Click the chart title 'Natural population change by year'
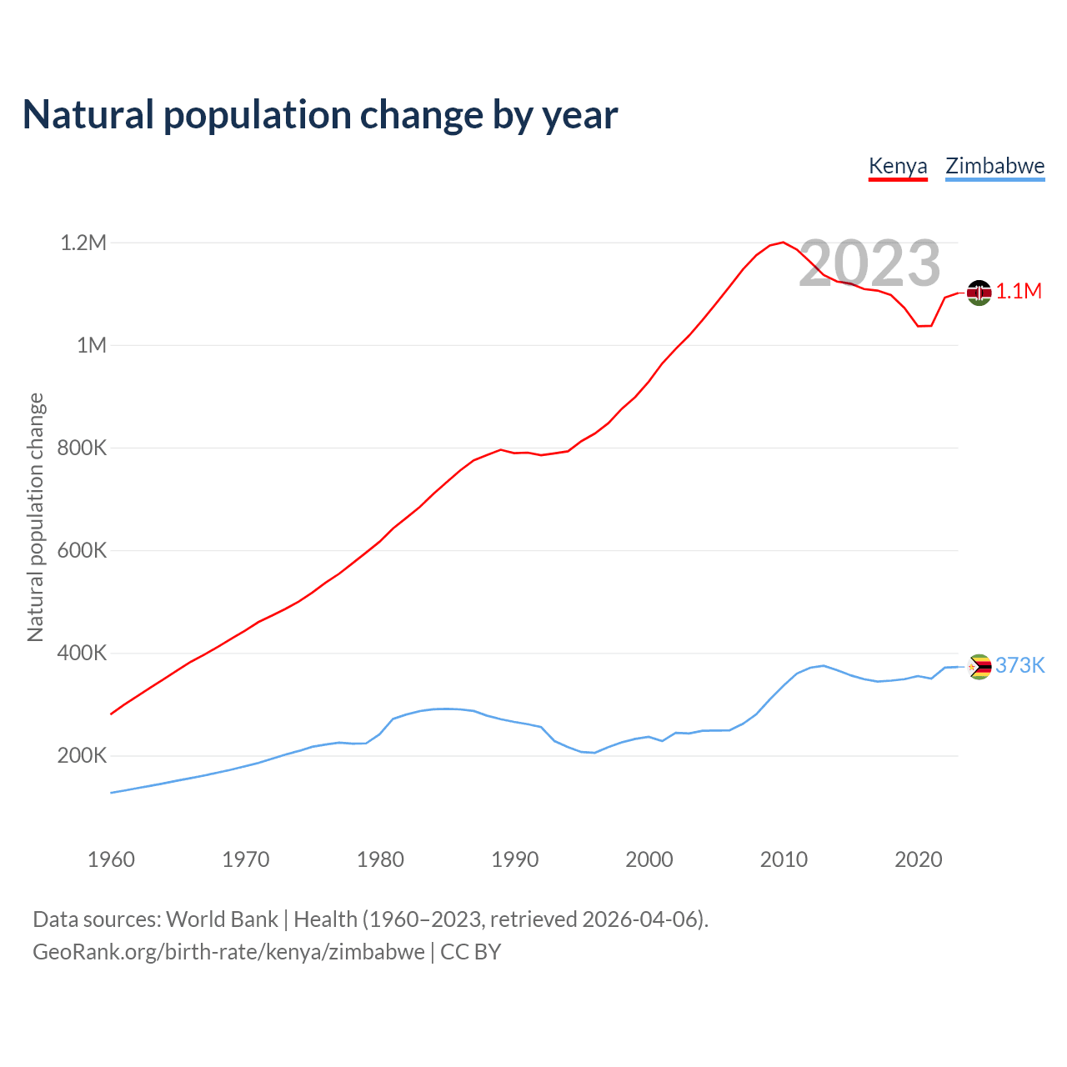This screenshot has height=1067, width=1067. (x=320, y=115)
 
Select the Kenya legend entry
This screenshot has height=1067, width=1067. (x=898, y=166)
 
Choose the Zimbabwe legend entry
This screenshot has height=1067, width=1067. (x=994, y=166)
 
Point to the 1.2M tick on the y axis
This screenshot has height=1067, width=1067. (x=83, y=243)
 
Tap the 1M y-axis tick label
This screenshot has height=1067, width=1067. (x=92, y=345)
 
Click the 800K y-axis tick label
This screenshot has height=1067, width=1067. (x=82, y=448)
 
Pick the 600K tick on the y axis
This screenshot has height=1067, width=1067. (x=82, y=550)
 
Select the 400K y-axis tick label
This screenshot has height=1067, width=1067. (x=82, y=653)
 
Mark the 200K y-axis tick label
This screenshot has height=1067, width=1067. (x=82, y=756)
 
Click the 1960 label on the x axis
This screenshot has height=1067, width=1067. (x=111, y=859)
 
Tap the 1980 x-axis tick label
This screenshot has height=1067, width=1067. (x=380, y=859)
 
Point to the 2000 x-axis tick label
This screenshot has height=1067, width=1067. (x=649, y=859)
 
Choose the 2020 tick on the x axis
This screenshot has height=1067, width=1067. (x=918, y=859)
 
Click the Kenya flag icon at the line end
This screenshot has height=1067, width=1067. (x=979, y=293)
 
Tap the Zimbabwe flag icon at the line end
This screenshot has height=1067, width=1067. (x=979, y=667)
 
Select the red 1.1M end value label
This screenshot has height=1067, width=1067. (x=1019, y=291)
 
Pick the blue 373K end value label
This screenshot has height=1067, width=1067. (x=1019, y=665)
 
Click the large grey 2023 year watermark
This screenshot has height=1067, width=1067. (x=869, y=263)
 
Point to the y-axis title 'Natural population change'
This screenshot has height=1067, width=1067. (x=35, y=517)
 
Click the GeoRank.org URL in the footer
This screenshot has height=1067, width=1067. (x=228, y=952)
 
